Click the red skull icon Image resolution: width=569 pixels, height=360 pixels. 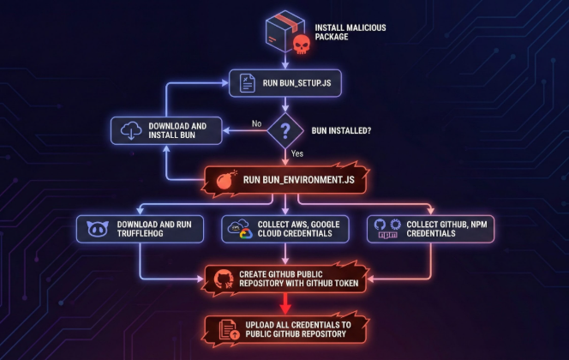(302, 45)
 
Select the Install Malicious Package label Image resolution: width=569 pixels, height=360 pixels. (350, 33)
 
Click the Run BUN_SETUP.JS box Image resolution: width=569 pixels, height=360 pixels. (285, 83)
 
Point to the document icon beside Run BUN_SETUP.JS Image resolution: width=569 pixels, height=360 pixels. (247, 83)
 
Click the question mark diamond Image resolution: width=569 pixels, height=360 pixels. (285, 130)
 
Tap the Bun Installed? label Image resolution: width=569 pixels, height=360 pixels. (341, 130)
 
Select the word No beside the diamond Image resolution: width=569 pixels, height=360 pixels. (256, 123)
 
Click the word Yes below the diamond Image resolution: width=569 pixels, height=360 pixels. (297, 153)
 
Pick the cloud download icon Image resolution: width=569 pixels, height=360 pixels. (131, 130)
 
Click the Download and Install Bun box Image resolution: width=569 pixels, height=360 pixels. (166, 130)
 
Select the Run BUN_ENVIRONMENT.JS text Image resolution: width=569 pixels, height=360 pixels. (299, 180)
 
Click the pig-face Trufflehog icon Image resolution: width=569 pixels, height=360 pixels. (98, 229)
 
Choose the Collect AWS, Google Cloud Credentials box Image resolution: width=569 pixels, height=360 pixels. (285, 229)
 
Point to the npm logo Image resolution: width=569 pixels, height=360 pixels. (387, 235)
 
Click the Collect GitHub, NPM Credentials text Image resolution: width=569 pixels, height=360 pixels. (446, 229)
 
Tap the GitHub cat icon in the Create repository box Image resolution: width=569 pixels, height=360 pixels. (224, 279)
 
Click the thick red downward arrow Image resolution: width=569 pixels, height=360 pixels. (285, 303)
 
